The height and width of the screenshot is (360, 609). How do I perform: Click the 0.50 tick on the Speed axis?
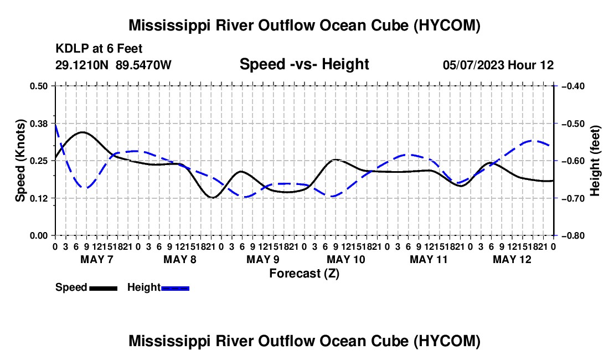pos(38,86)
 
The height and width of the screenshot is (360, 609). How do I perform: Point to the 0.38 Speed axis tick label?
pos(38,124)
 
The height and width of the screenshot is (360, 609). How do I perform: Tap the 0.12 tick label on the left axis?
pos(38,198)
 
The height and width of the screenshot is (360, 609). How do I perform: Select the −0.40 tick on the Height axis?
pos(573,86)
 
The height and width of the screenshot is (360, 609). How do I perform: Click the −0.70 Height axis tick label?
pos(573,198)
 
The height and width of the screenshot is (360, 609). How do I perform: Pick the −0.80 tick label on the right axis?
pos(573,236)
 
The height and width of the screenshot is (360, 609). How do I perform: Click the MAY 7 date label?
pos(97,259)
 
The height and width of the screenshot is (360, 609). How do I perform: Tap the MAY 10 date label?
pos(346,259)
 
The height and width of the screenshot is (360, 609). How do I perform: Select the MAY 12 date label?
pos(512,259)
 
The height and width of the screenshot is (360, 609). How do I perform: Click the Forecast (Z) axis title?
pos(304,274)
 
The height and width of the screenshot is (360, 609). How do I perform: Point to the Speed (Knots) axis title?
pos(20,161)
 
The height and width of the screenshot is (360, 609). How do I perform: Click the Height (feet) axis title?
pos(595,161)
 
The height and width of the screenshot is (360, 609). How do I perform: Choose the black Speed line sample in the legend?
pos(104,289)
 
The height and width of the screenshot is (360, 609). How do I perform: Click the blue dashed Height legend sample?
pos(175,289)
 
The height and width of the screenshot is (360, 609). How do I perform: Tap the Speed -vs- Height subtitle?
pos(304,64)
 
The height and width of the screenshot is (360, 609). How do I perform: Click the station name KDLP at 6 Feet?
pos(99,49)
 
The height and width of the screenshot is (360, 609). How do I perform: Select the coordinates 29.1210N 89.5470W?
pos(113,65)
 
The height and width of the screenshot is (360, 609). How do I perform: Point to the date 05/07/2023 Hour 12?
pos(498,65)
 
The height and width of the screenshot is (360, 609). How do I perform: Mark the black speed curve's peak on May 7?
pos(82,132)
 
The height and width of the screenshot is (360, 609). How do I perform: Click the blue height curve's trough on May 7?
pos(86,188)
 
